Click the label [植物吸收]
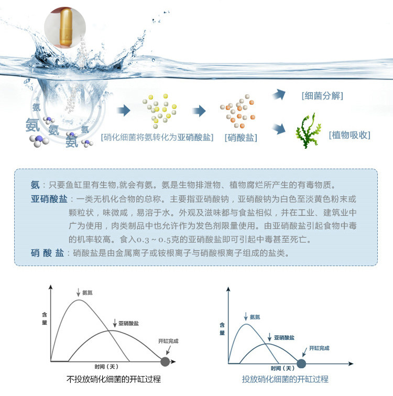point(349,135)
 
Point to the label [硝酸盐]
point(241,138)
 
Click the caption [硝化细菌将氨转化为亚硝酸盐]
point(157,138)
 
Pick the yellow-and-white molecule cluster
point(160,110)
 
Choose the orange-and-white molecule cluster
point(238,111)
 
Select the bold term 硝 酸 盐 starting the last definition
point(47,252)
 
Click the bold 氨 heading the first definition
point(35,185)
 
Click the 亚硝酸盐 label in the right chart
point(283,338)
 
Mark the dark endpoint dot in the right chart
point(301,362)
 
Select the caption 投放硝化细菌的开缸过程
point(285,379)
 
